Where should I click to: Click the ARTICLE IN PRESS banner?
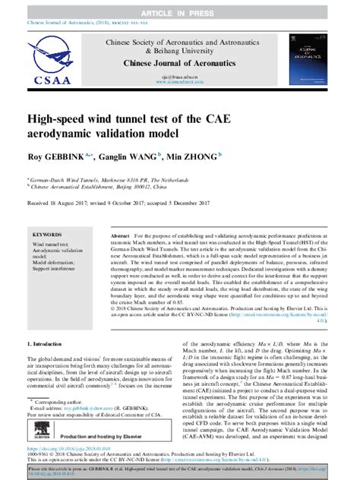tap(180, 13)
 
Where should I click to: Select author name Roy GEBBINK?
tap(57, 156)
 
